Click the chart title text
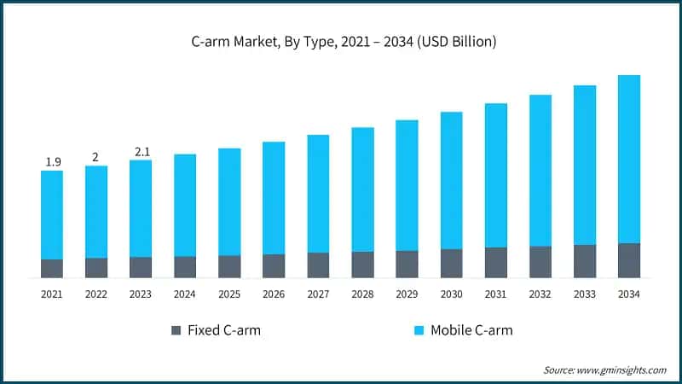[340, 41]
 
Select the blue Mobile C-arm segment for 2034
[629, 159]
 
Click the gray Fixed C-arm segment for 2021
[52, 269]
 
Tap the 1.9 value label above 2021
[52, 162]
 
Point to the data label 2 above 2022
[95, 157]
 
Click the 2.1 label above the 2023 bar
[141, 152]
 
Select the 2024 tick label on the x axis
[185, 294]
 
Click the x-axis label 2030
[451, 294]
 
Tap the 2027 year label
[318, 294]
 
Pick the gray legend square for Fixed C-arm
[176, 330]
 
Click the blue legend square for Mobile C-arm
[419, 330]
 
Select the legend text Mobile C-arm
[471, 330]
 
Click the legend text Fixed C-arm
[223, 330]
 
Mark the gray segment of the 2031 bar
[495, 263]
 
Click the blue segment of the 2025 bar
[229, 201]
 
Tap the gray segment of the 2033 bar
[585, 261]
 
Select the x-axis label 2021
[52, 294]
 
